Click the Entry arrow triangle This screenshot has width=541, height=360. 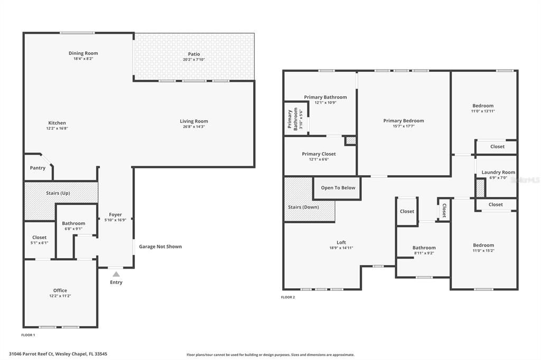click(116, 273)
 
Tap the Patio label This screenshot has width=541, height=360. click(194, 54)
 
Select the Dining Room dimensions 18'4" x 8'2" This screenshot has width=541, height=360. click(83, 59)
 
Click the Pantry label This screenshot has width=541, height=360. click(38, 168)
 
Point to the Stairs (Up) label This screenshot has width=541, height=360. click(58, 193)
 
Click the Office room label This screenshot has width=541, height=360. click(60, 290)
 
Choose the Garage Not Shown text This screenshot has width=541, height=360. click(160, 247)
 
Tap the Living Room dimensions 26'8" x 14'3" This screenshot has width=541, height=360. click(194, 127)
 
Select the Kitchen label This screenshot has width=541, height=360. click(57, 123)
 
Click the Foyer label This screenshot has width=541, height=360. click(115, 214)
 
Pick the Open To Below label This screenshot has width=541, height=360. click(338, 188)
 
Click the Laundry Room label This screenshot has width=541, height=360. click(498, 172)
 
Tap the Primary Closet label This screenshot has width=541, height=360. click(319, 154)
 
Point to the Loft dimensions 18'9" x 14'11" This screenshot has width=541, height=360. click(341, 248)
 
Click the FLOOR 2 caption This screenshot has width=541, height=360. click(288, 297)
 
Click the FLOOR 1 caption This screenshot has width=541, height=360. click(28, 335)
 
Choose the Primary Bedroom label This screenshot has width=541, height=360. click(403, 121)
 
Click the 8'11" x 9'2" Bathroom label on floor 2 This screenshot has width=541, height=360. click(424, 248)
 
